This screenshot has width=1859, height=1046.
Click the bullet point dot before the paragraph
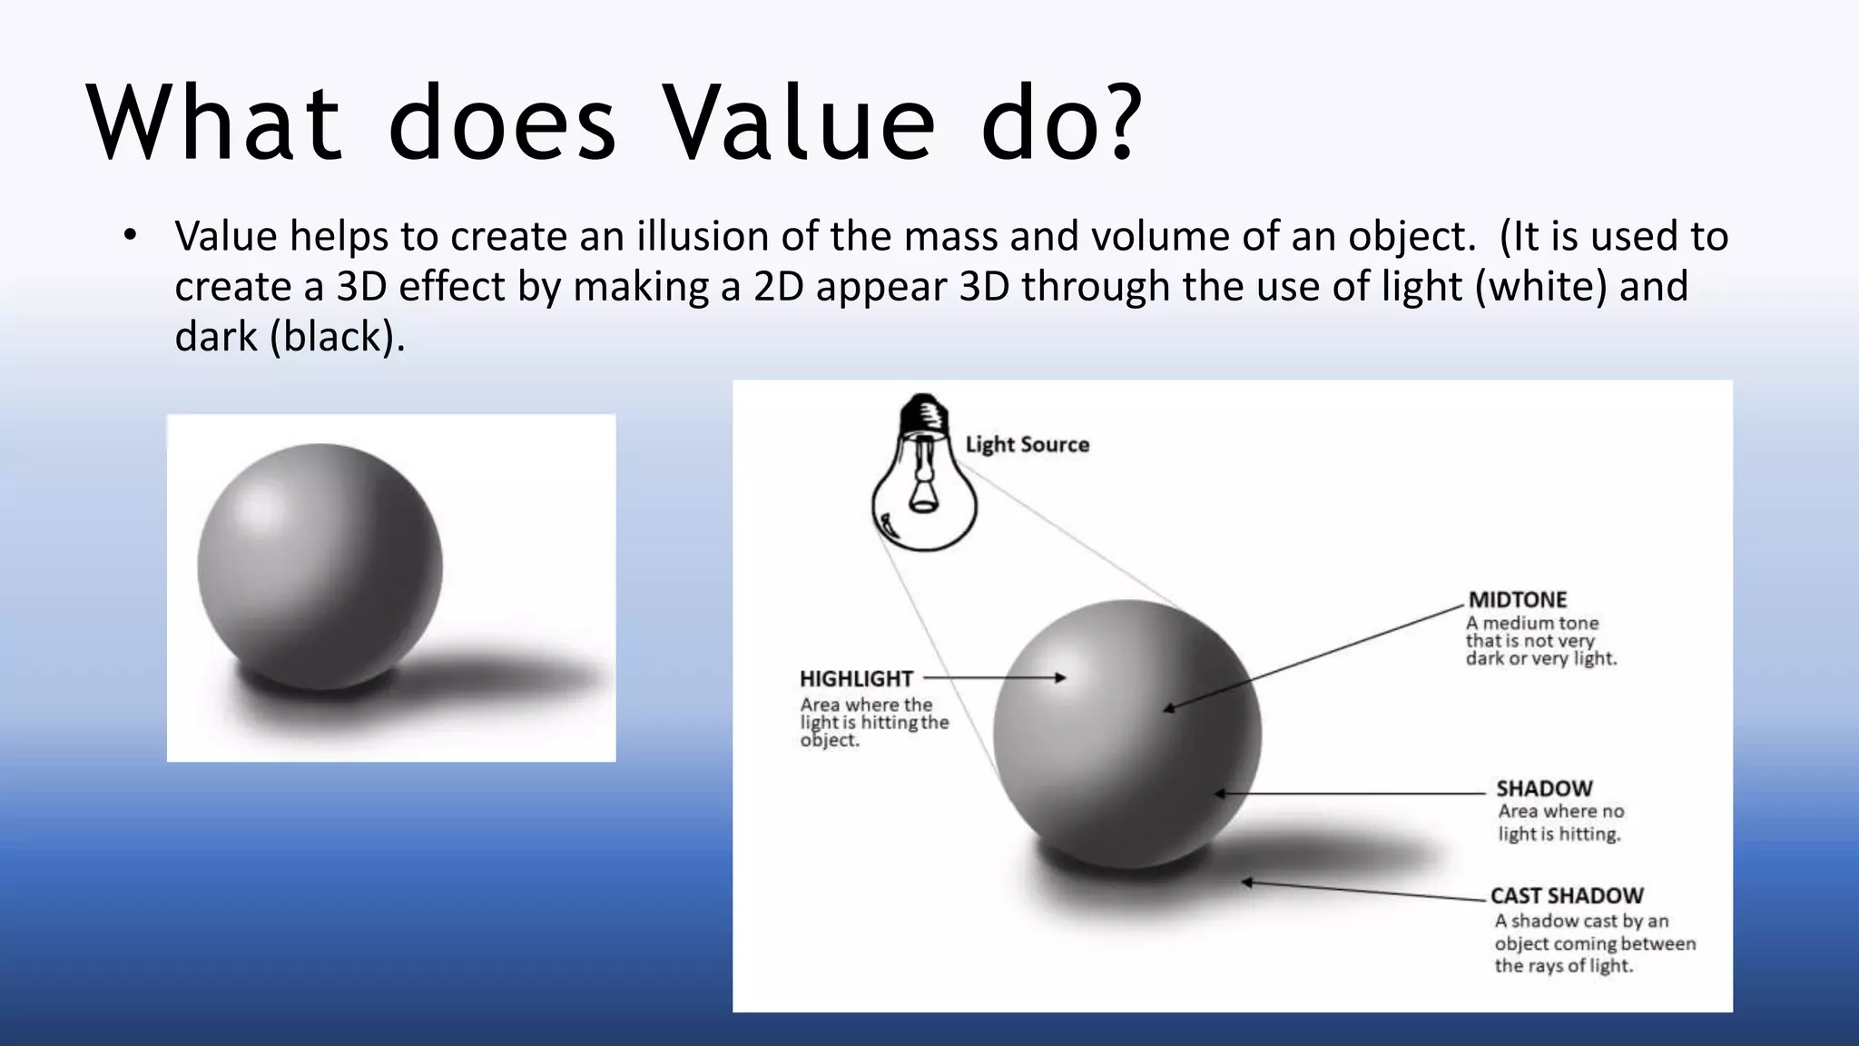click(x=130, y=236)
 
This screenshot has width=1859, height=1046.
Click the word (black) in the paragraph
click(x=334, y=337)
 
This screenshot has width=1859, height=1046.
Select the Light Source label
click(x=1027, y=444)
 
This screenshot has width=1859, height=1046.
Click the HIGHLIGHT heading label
click(x=856, y=678)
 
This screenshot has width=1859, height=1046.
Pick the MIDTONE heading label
click(x=1518, y=599)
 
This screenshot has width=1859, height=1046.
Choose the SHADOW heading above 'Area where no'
click(x=1544, y=788)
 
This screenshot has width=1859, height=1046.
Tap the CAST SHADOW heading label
click(x=1567, y=895)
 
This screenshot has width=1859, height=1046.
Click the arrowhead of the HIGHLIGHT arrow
click(x=1061, y=677)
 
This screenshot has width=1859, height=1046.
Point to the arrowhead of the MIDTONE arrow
click(x=1169, y=708)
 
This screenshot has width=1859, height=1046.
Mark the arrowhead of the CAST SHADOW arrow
click(x=1248, y=882)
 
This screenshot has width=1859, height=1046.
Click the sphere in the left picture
click(x=320, y=567)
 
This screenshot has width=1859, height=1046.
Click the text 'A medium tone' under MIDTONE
click(x=1532, y=623)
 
